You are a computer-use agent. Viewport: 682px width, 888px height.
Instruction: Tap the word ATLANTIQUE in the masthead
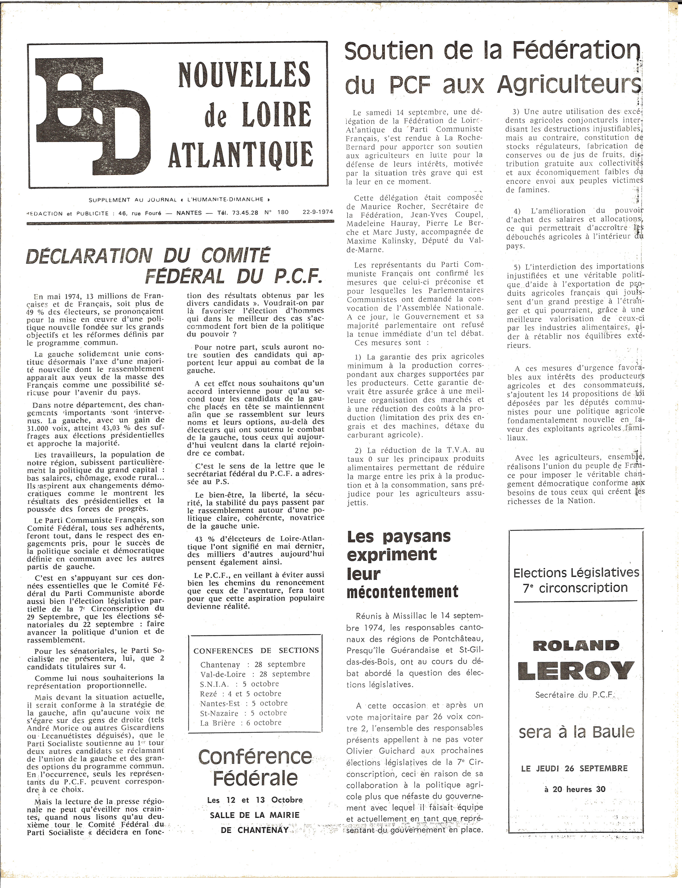pyautogui.click(x=241, y=154)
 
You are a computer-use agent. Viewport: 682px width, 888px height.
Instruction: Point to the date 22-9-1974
pyautogui.click(x=318, y=212)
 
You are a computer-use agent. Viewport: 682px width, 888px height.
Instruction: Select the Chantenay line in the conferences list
pyautogui.click(x=253, y=664)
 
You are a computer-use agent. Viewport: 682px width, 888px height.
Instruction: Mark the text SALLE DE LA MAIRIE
pyautogui.click(x=254, y=815)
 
